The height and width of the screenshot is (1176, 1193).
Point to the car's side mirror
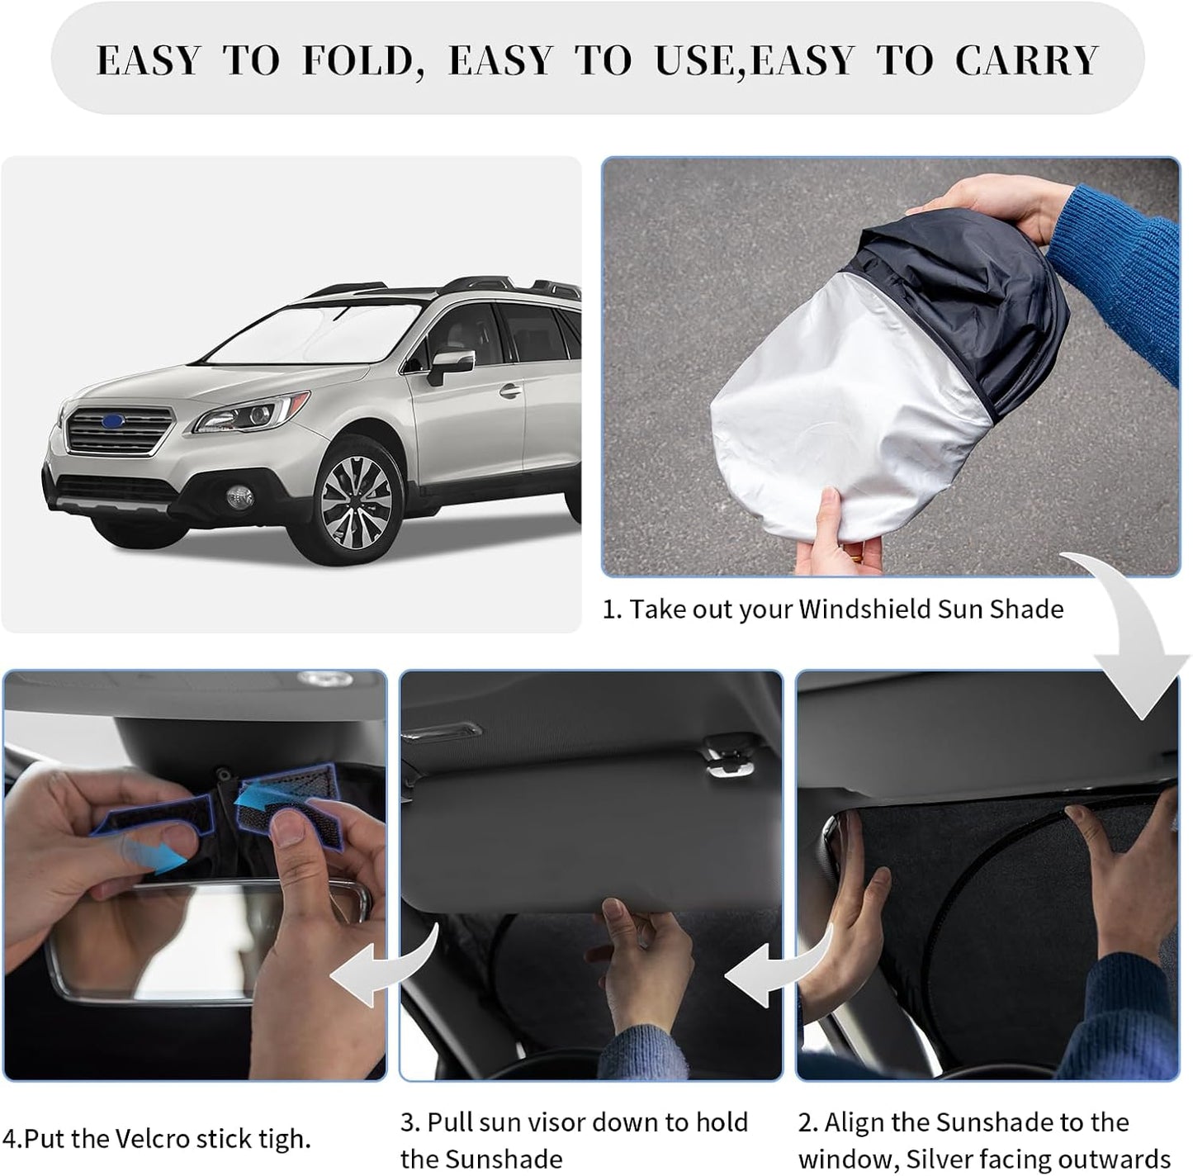(x=452, y=365)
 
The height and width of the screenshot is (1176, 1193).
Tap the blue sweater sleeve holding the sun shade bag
(x=1123, y=273)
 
